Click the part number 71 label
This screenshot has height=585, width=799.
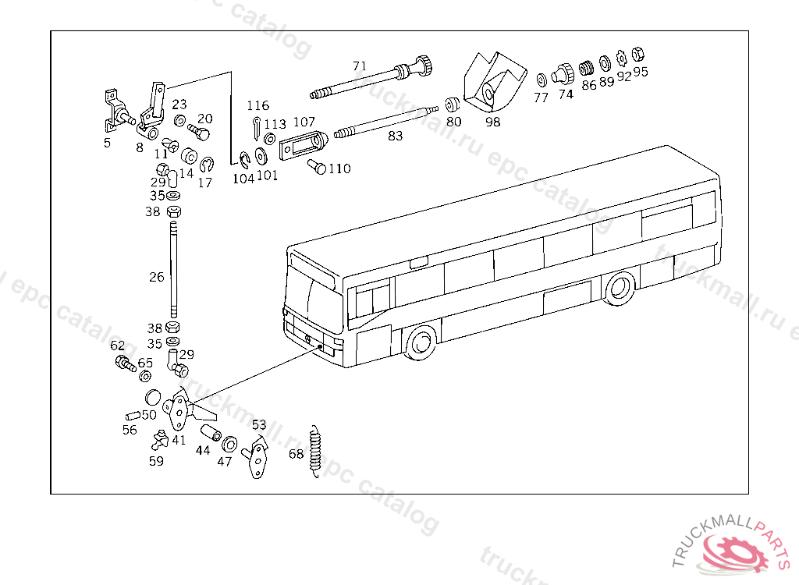(x=359, y=66)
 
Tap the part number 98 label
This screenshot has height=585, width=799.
(x=492, y=121)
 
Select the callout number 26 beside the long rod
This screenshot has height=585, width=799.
(x=157, y=276)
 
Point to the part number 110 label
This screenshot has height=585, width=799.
(x=339, y=168)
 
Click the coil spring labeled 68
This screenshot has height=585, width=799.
(x=316, y=452)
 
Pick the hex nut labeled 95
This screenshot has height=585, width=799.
(x=637, y=55)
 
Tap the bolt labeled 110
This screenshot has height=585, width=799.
(x=317, y=165)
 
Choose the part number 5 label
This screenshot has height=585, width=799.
(x=108, y=143)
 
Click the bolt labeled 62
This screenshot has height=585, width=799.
(x=124, y=363)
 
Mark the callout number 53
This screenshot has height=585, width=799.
(x=259, y=425)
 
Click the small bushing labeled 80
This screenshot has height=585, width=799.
(x=451, y=105)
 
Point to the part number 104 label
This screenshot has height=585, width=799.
(x=243, y=178)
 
